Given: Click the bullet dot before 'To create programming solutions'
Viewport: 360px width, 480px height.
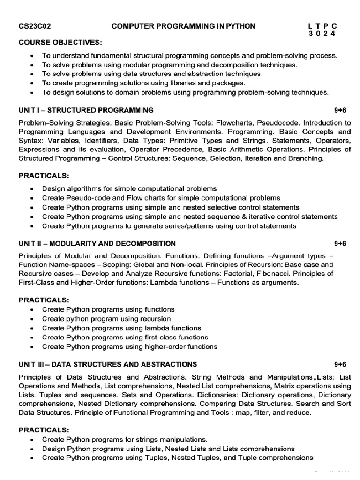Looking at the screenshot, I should coord(31,83).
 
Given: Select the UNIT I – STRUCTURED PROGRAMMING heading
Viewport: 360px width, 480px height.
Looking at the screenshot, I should coord(86,110).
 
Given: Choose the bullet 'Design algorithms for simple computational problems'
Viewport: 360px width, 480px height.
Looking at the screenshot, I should coord(129,188).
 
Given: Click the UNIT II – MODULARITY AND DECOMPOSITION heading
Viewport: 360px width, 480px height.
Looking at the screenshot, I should coord(97,243).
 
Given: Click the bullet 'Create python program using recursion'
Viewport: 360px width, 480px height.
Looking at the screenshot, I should coord(106,319).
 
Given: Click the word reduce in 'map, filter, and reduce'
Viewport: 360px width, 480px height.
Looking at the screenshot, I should coord(298,412).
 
